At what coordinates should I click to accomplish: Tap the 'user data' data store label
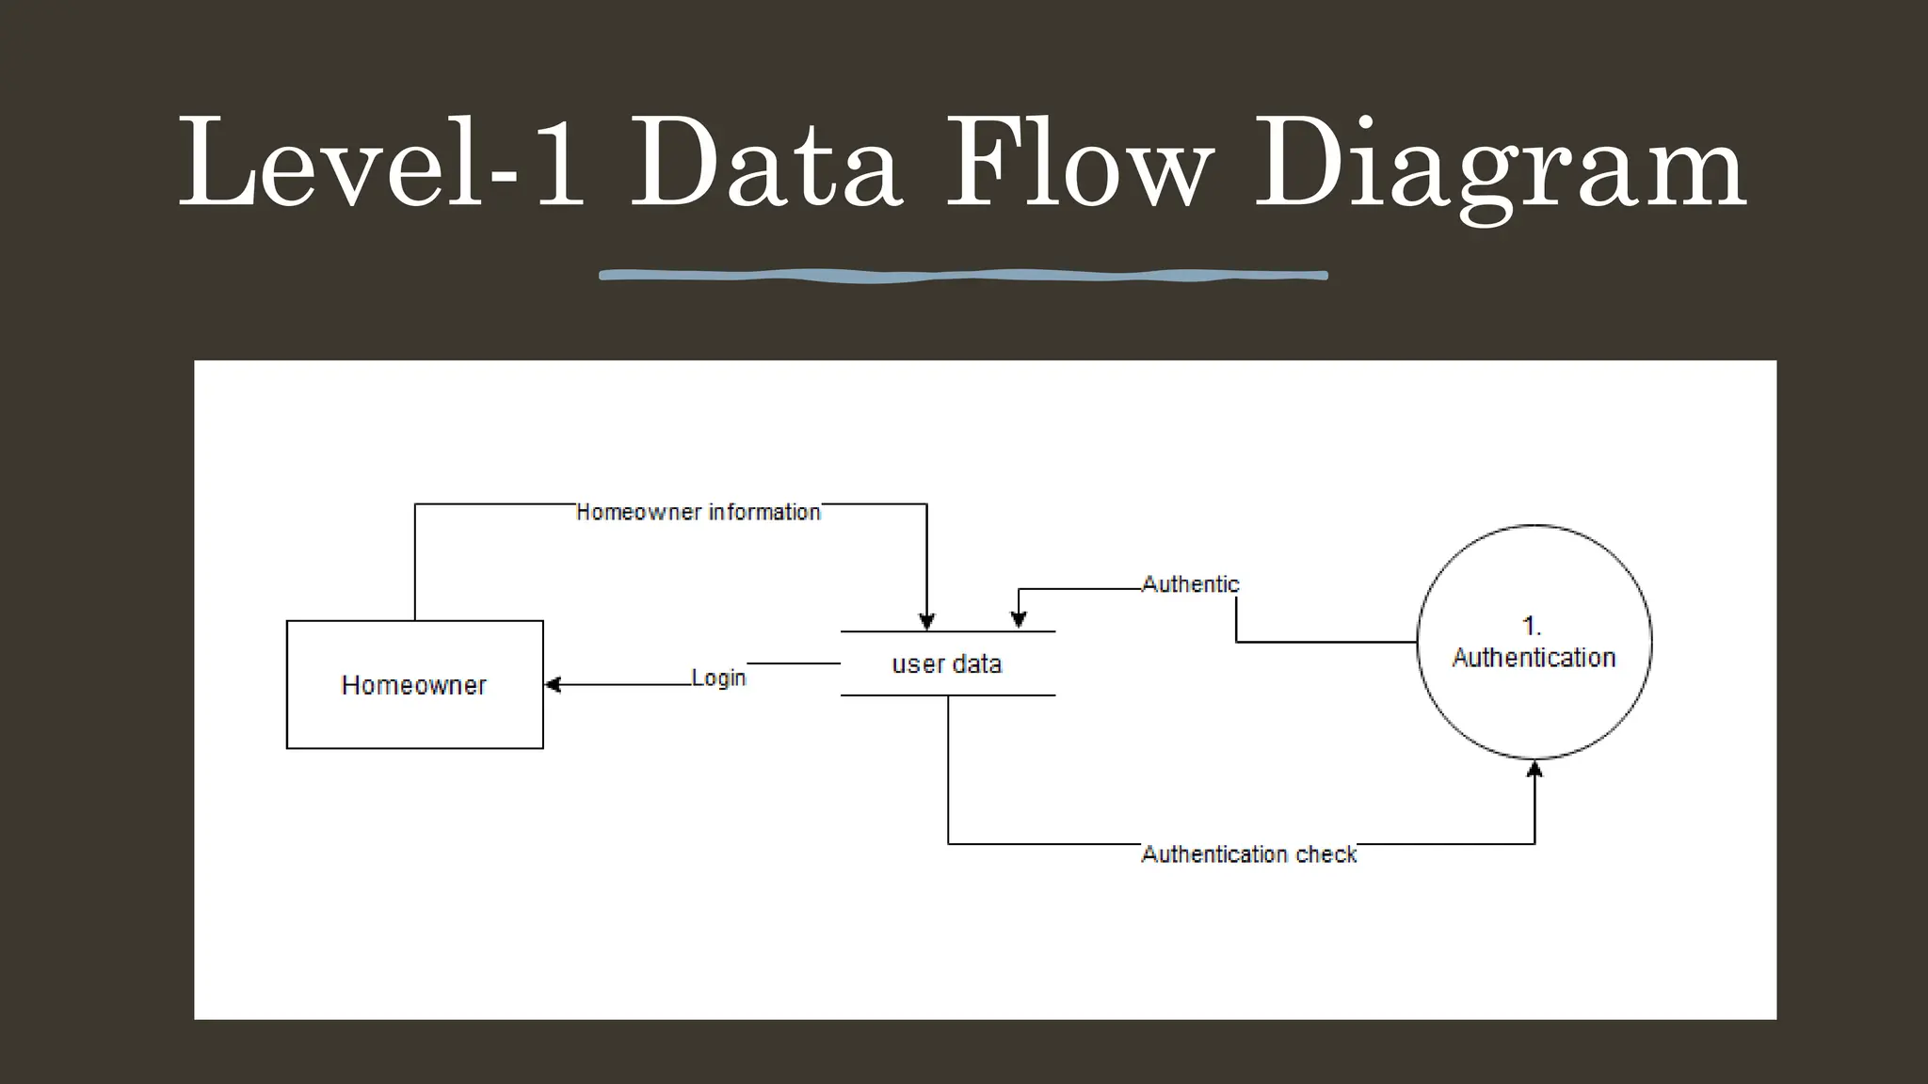[x=946, y=664]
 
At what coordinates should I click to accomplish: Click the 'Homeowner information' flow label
[x=698, y=512]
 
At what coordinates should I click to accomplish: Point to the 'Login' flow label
[x=718, y=677]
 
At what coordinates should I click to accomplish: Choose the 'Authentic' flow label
[x=1190, y=584]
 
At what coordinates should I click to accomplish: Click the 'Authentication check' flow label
[x=1248, y=854]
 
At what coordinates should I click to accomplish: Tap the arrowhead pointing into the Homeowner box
[x=554, y=685]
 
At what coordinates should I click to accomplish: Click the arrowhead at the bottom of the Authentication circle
[x=1534, y=770]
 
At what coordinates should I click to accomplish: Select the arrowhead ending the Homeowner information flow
[x=926, y=621]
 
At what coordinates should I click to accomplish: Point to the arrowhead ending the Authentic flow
[x=1019, y=619]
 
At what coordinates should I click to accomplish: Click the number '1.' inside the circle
[x=1532, y=626]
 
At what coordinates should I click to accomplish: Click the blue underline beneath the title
[x=963, y=275]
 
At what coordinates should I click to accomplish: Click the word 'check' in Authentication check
[x=1325, y=854]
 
